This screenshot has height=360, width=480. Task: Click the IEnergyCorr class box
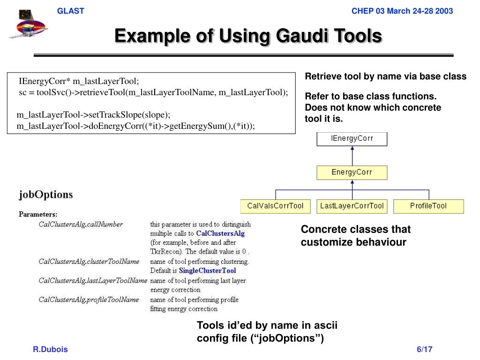pos(352,139)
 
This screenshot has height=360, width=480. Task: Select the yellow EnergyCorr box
pos(352,172)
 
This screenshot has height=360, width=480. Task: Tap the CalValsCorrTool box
pos(275,206)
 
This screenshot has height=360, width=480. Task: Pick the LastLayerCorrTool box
pos(352,206)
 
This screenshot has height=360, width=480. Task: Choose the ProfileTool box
pos(428,206)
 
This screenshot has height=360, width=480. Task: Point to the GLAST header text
pos(70,11)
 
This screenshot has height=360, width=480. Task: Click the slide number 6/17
pos(424,350)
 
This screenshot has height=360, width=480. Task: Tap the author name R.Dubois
pos(50,350)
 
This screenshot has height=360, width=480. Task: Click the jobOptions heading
pos(46,194)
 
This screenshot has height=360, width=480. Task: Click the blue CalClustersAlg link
pos(220,233)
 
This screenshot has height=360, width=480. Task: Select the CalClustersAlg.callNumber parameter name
pos(81,225)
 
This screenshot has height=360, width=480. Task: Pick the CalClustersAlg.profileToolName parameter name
pos(89,300)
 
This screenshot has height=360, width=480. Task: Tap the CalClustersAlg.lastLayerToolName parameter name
pos(93,281)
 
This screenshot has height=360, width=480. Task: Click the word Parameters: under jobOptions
pos(38,214)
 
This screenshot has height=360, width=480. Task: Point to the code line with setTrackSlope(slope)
pos(94,115)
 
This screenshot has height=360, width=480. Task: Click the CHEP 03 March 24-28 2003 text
pos(402,11)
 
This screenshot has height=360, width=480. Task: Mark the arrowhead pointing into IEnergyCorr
pos(352,149)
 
